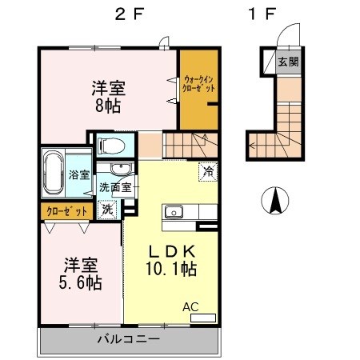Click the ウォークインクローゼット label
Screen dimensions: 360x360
point(198,86)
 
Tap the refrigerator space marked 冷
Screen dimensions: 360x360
point(208,170)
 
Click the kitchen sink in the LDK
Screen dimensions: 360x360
point(174,212)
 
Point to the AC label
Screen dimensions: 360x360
point(192,306)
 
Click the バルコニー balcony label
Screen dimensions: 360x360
point(129,339)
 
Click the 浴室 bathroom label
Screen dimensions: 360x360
point(78,174)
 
